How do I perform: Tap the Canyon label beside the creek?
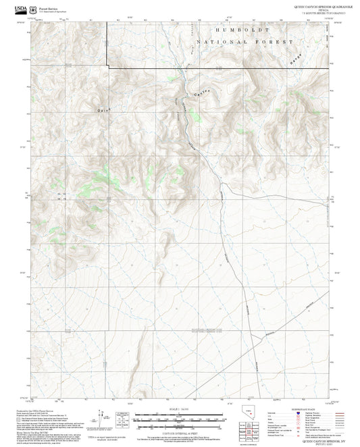pyautogui.click(x=202, y=91)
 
